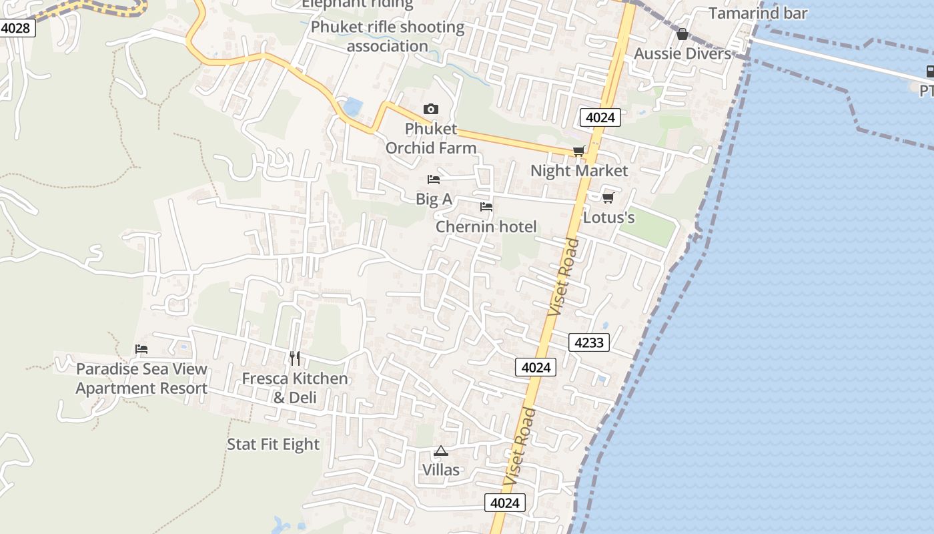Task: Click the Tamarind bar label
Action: (758, 13)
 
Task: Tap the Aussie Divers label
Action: (682, 53)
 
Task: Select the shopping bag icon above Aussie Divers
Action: (682, 34)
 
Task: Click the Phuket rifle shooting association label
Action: (388, 37)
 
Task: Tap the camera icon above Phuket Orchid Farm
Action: (431, 109)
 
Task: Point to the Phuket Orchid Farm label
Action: (431, 138)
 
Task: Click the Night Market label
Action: (579, 171)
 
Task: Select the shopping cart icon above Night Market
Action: (578, 152)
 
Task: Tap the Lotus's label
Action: (608, 218)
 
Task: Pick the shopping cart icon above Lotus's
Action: (608, 198)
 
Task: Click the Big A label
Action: (434, 199)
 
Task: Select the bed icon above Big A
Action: (434, 180)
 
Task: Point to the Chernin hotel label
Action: (486, 227)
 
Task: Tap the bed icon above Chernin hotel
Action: (486, 207)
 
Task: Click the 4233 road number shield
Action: (589, 343)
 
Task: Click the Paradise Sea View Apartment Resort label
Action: (141, 378)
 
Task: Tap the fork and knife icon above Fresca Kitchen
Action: (295, 358)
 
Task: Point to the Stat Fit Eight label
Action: (273, 445)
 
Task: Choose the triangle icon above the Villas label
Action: (440, 451)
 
